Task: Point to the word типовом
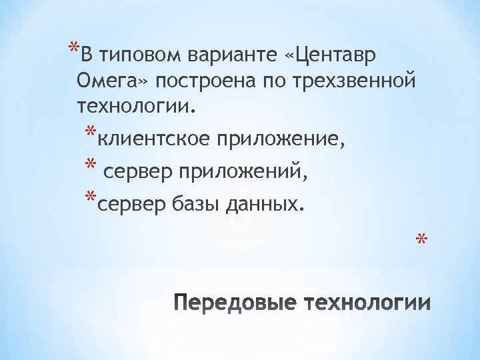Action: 133,54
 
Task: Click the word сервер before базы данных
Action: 131,202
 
